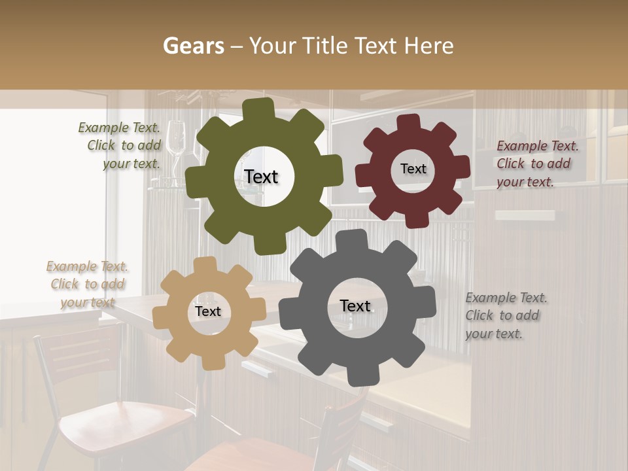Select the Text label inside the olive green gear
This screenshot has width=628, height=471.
[261, 177]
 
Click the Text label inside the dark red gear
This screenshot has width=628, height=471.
[413, 169]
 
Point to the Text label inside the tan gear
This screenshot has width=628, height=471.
[207, 312]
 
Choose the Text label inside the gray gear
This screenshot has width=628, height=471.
[355, 305]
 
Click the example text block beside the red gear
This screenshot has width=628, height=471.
[537, 164]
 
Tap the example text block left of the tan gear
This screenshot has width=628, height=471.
[87, 284]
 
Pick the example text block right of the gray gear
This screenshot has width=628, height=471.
[506, 315]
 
